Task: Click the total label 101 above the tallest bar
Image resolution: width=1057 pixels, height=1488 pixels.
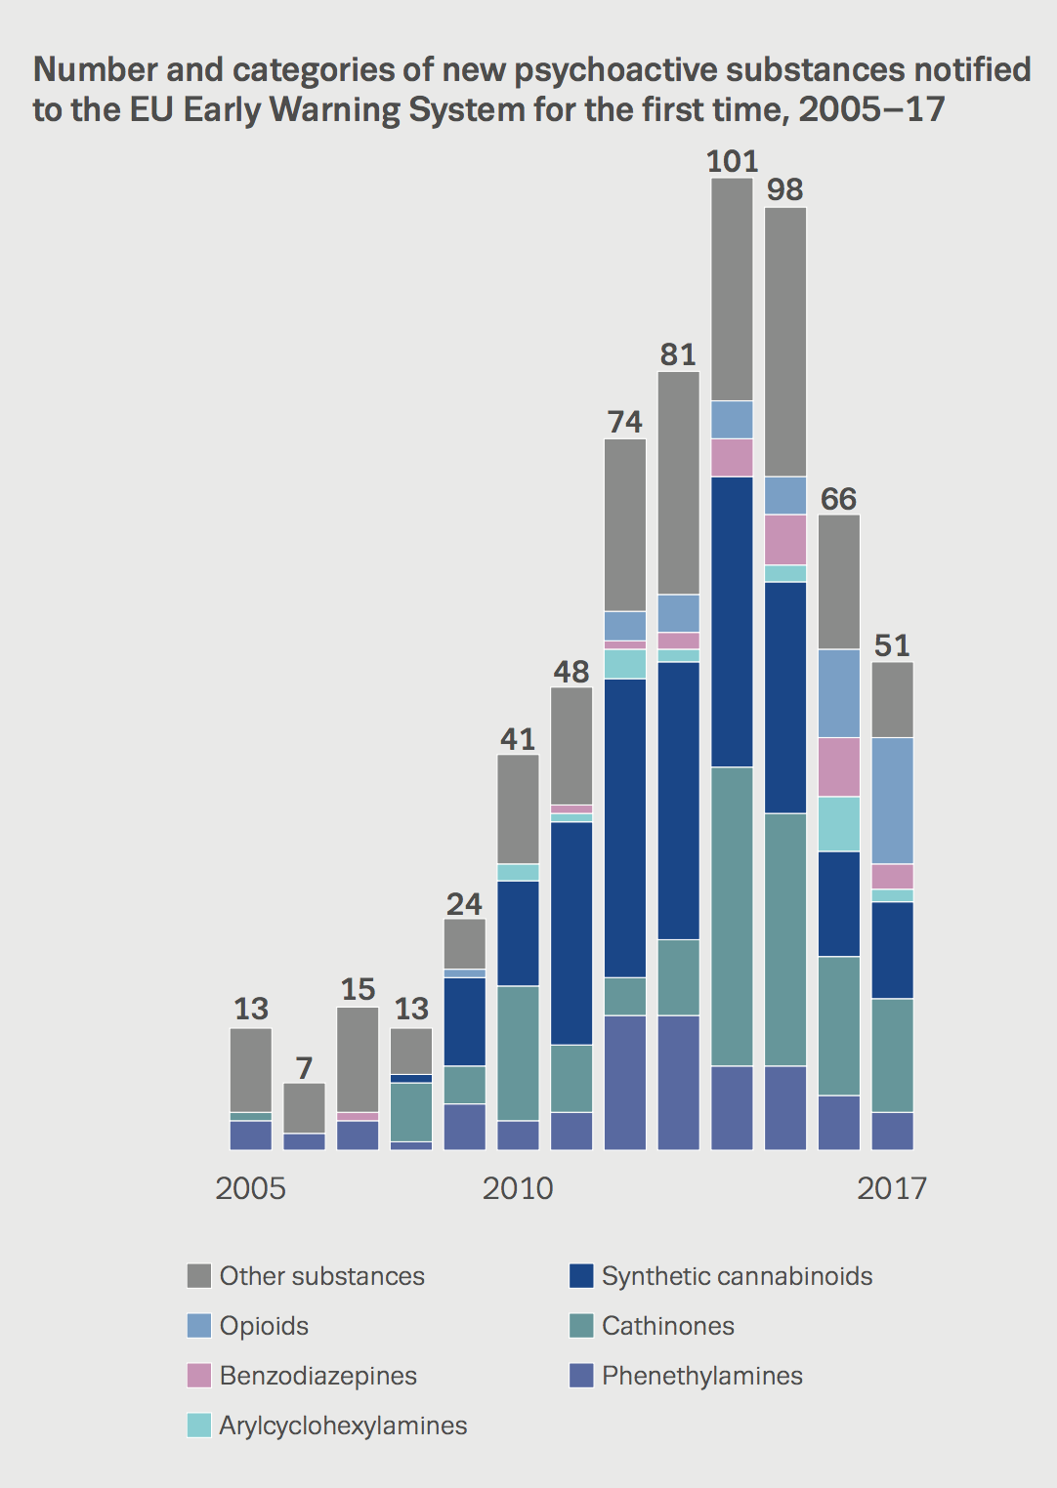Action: tap(732, 161)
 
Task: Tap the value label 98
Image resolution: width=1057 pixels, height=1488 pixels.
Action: tap(784, 189)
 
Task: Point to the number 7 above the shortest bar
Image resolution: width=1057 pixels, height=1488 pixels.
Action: tap(304, 1068)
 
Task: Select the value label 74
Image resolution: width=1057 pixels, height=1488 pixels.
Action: tap(624, 422)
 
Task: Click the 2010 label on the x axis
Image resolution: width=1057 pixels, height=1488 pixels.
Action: tap(518, 1188)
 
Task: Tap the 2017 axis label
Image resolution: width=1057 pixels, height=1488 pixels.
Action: tap(891, 1188)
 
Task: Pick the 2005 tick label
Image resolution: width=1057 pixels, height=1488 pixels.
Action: tap(250, 1188)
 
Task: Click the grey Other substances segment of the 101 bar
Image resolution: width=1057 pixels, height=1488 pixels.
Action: tap(732, 289)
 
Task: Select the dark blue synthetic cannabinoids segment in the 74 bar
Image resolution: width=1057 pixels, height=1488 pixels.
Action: tap(625, 827)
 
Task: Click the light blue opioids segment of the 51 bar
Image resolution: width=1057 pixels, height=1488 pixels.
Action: tap(892, 801)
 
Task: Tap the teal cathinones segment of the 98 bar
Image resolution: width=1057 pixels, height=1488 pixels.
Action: tap(785, 938)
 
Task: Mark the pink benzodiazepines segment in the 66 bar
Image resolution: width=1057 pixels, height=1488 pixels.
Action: tap(838, 766)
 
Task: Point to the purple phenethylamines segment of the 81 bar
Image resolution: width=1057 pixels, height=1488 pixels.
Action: tap(678, 1082)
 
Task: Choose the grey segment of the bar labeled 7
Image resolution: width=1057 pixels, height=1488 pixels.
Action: tap(304, 1107)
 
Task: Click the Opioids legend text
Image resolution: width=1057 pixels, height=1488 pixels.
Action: tap(264, 1326)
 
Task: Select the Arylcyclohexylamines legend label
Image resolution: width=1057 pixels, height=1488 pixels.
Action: tap(343, 1426)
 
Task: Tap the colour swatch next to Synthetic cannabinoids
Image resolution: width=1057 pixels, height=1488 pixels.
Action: tap(581, 1276)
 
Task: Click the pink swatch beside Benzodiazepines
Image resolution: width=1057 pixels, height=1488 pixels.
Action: tap(199, 1376)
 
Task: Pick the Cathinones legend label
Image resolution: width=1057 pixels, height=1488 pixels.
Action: tap(667, 1326)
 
